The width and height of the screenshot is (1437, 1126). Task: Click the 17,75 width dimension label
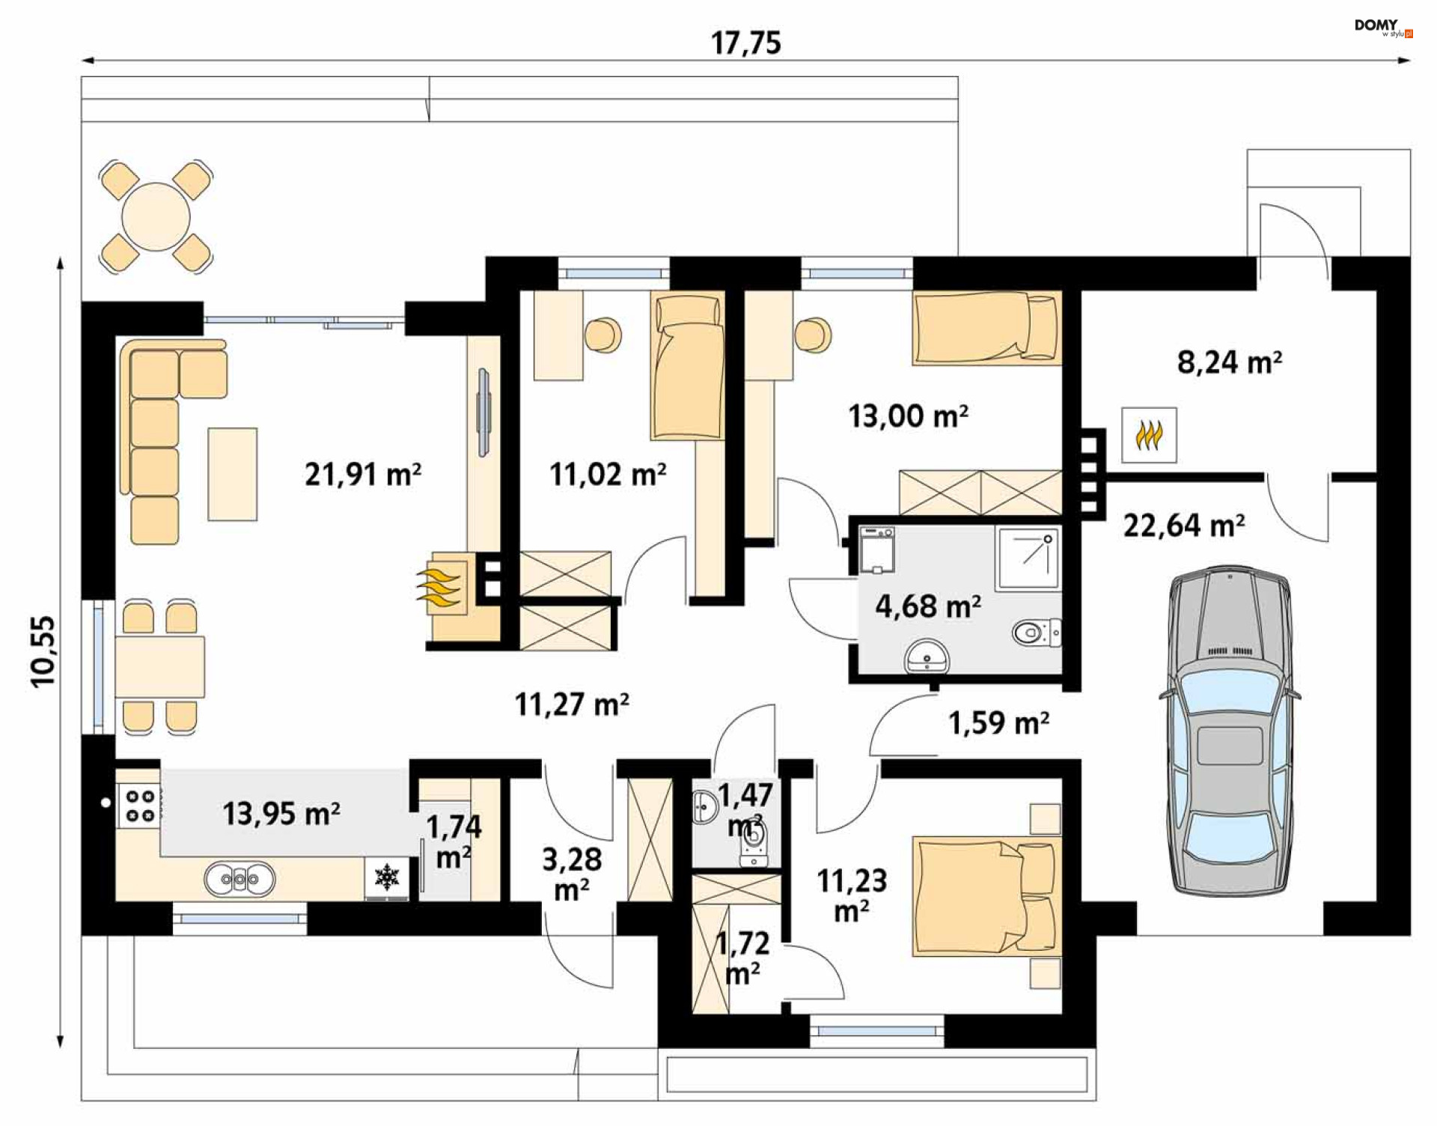coord(745,43)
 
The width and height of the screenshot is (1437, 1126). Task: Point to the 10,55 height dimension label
coord(43,651)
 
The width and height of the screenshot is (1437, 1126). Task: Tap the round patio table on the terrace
coord(156,216)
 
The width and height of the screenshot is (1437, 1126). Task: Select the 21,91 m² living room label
coord(363,474)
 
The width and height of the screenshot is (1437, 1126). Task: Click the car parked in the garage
coord(1230,731)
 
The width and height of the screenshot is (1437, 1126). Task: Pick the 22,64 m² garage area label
coord(1184,525)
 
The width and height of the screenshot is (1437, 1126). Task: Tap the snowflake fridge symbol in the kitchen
coord(386,877)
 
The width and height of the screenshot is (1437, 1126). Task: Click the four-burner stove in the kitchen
coord(139,806)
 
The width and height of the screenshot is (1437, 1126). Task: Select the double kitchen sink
coord(239,879)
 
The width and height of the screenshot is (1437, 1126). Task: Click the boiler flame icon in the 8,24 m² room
coord(1149,435)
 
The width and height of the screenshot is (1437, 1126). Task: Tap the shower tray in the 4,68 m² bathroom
coord(1028,558)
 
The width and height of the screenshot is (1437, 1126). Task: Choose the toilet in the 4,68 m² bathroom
coord(1037,633)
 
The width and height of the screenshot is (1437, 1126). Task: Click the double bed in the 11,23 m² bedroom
coord(986,896)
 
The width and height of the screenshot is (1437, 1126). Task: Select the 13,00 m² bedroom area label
coord(908,416)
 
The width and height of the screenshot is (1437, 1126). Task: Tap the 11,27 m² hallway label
coord(572,704)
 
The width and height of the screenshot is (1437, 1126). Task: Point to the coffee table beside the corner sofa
coord(233,474)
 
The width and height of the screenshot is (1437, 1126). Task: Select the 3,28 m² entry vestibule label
coord(572,874)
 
